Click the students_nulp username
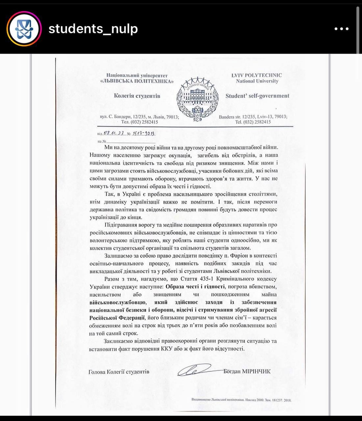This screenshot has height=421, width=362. pos(93,29)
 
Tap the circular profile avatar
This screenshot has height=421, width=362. pos(24,29)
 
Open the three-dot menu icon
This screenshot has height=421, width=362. pos(341,29)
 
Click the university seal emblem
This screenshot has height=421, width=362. pos(195,98)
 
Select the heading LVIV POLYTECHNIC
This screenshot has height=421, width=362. pos(257,75)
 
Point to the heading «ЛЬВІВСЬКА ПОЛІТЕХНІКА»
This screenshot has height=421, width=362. pos(137,81)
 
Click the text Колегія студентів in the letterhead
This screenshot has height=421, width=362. pos(137,96)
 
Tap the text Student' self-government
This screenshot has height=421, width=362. pos(257,96)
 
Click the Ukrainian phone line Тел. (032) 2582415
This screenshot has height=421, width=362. pos(140,122)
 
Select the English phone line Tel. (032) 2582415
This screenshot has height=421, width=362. pos(253,122)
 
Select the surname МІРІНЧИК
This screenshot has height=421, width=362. pos(256,371)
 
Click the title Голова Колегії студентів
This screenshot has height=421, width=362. pos(119,372)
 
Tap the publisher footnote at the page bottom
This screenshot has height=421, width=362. pos(241,400)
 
